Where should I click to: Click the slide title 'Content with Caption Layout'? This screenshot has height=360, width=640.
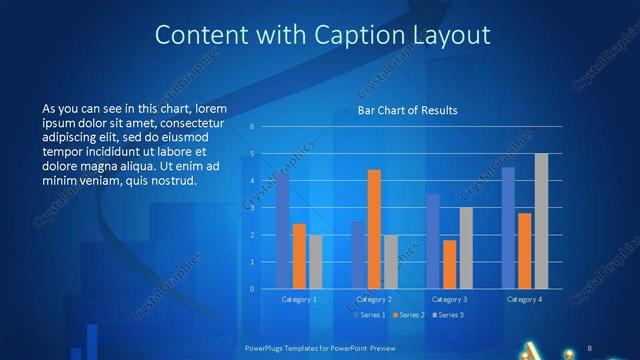[x=323, y=36]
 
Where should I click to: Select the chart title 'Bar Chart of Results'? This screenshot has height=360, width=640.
[x=408, y=111]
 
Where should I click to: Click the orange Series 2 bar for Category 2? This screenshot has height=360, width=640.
[x=374, y=229]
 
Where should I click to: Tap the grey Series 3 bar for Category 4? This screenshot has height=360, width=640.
[x=541, y=221]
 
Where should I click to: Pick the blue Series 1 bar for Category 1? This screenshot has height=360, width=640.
[x=283, y=230]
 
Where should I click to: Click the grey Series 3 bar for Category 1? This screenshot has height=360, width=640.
[x=315, y=261]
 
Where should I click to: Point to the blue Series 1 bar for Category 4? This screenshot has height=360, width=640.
[x=508, y=227]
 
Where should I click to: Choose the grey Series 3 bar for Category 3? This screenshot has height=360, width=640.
[x=466, y=248]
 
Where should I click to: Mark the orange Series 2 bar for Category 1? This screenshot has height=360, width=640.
[x=299, y=256]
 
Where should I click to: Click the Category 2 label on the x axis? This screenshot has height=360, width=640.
[x=375, y=299]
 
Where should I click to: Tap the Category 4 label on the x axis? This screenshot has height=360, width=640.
[x=524, y=299]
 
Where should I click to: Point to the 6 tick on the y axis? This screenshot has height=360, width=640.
[x=253, y=127]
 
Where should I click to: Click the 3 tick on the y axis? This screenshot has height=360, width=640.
[x=253, y=208]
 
